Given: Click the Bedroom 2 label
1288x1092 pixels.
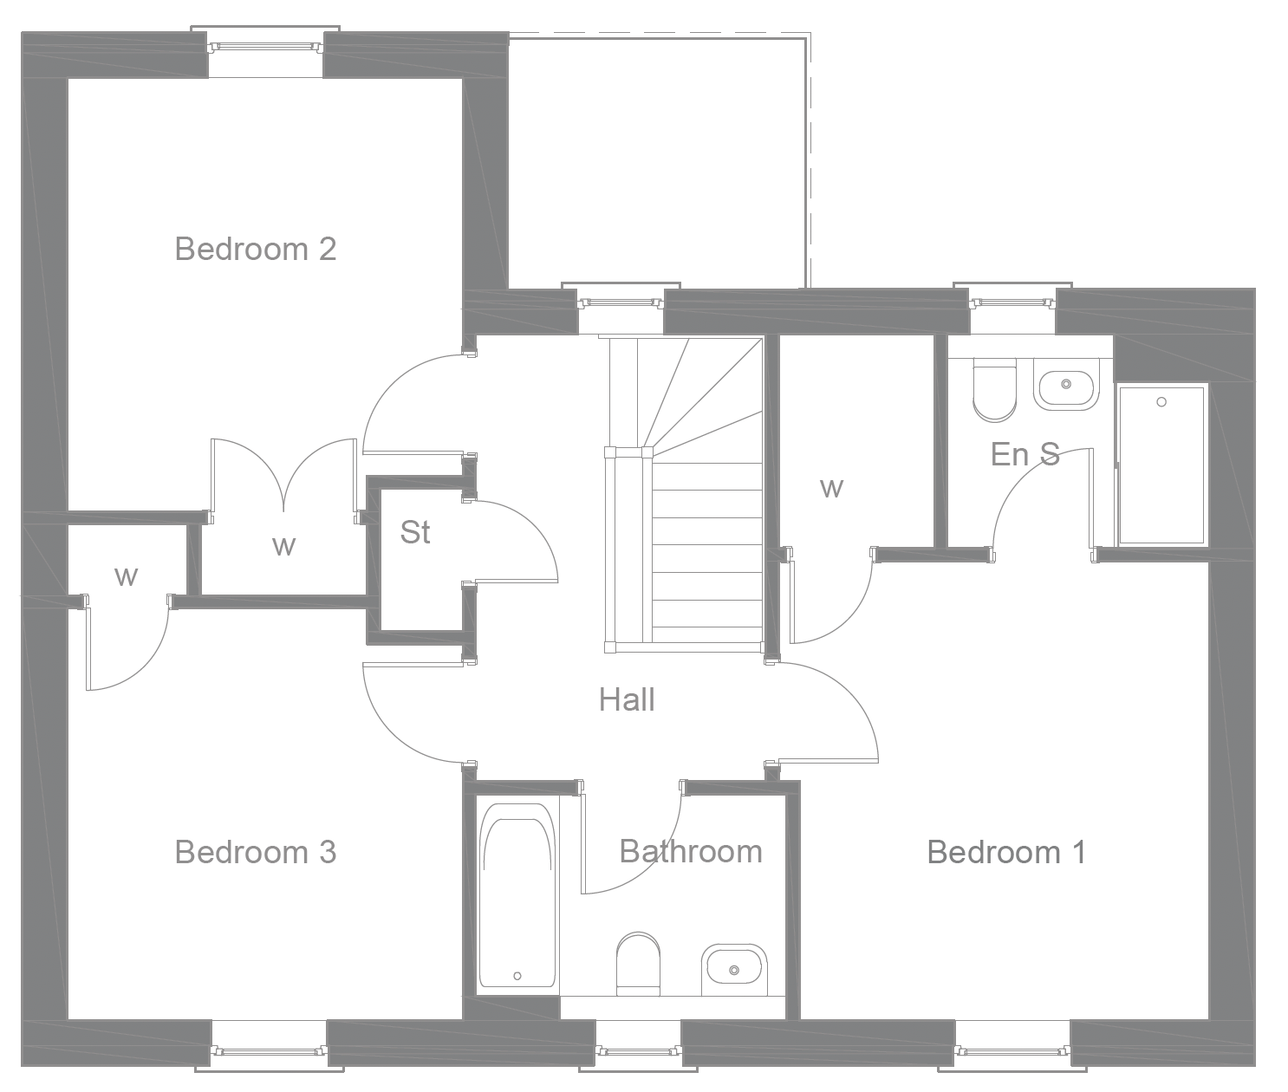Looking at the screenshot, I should pyautogui.click(x=255, y=249).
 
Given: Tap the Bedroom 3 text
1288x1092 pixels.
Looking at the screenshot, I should pyautogui.click(x=255, y=852).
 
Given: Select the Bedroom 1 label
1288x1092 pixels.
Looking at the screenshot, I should pyautogui.click(x=1005, y=852).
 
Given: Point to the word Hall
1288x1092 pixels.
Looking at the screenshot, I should pyautogui.click(x=626, y=699).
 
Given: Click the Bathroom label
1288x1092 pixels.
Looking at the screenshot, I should pyautogui.click(x=691, y=851).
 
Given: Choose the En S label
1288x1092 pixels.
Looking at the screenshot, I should pyautogui.click(x=1025, y=454).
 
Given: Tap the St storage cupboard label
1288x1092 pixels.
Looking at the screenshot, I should pyautogui.click(x=415, y=532).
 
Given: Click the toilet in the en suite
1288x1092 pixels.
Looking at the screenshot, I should pyautogui.click(x=994, y=392).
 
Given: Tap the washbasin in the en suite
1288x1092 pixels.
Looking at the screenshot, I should pyautogui.click(x=1065, y=384).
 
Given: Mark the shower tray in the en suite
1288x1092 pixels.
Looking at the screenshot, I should pyautogui.click(x=1161, y=465).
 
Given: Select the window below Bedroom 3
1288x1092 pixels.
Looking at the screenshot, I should pyautogui.click(x=269, y=1051).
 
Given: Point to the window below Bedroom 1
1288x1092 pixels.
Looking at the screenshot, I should pyautogui.click(x=1012, y=1051).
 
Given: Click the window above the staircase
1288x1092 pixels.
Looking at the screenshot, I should pyautogui.click(x=621, y=302).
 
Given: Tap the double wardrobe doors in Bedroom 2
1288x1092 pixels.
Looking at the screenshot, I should pyautogui.click(x=283, y=474).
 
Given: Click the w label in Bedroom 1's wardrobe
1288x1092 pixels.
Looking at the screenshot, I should pyautogui.click(x=830, y=488).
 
